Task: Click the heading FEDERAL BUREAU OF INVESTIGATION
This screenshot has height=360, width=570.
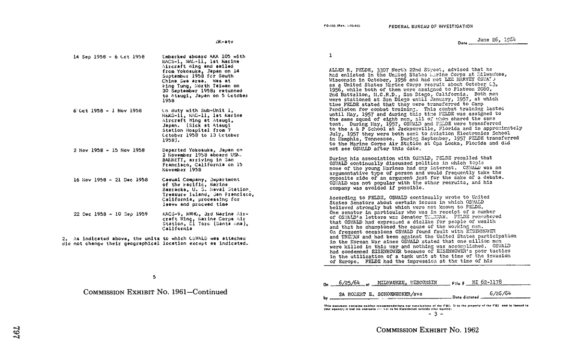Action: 430,26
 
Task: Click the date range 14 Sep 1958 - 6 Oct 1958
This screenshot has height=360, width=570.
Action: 103,56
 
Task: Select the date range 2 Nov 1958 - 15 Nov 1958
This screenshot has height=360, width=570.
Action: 102,150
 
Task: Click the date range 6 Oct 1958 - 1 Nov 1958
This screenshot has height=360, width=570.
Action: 100,111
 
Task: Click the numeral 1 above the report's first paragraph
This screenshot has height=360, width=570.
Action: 330,55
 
